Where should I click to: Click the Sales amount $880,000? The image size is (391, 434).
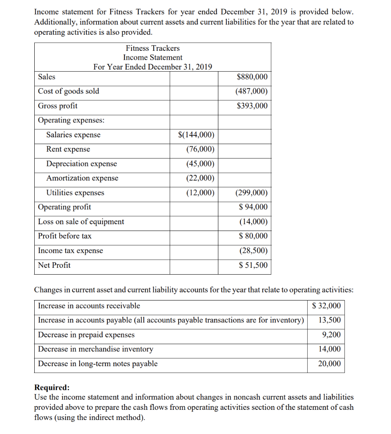[x=252, y=77]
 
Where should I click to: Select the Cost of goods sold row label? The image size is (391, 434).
[x=69, y=91]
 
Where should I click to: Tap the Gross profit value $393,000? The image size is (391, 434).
[x=252, y=106]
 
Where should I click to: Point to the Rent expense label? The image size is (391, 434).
[x=68, y=149]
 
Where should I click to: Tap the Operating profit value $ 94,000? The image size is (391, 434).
[x=253, y=207]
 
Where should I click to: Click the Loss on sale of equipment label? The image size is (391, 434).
[x=81, y=222]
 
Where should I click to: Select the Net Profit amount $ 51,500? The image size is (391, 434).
[x=253, y=265]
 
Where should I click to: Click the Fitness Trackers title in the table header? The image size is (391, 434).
[x=152, y=48]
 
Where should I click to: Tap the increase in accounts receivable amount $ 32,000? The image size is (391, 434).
[x=326, y=306]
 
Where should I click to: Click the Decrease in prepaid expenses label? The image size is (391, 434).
[x=86, y=335]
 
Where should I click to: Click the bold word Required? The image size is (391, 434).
[x=52, y=387]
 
